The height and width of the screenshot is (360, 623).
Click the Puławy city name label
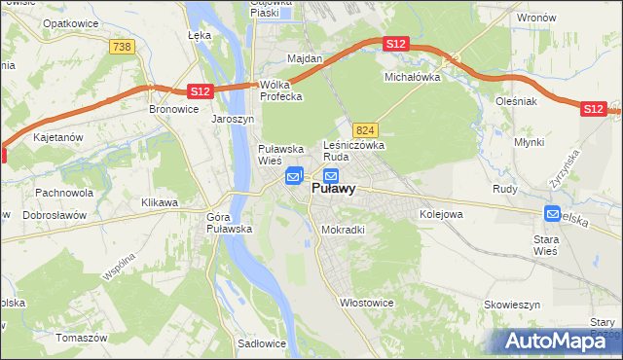(332, 191)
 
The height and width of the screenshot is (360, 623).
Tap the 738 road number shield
(122, 47)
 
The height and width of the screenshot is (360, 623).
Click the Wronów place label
(536, 18)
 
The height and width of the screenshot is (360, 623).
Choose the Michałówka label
(413, 76)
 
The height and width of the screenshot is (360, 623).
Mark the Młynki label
(531, 141)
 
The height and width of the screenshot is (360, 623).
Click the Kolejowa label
(440, 213)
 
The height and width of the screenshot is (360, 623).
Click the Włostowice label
(366, 303)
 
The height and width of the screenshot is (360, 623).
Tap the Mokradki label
(343, 230)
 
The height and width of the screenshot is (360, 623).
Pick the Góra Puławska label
(230, 223)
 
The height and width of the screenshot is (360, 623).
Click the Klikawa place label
(160, 202)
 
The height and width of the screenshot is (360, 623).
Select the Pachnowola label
(64, 193)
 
